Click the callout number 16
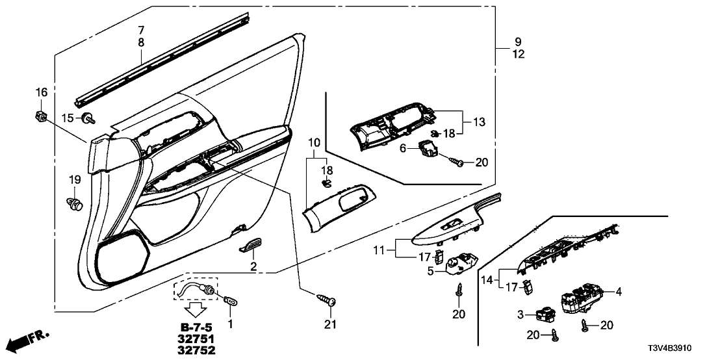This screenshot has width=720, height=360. (x=42, y=93)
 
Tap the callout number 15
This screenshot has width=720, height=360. (x=67, y=117)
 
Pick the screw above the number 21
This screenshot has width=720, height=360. (x=327, y=300)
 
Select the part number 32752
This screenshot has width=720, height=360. (x=196, y=350)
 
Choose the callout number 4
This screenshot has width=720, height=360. (x=619, y=292)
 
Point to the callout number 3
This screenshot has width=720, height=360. (x=520, y=315)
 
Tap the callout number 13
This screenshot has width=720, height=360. (x=480, y=122)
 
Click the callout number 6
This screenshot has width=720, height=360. (x=402, y=149)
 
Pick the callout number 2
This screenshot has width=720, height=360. (x=253, y=267)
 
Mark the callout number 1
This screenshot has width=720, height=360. (x=229, y=323)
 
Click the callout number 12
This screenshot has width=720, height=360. (x=517, y=55)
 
